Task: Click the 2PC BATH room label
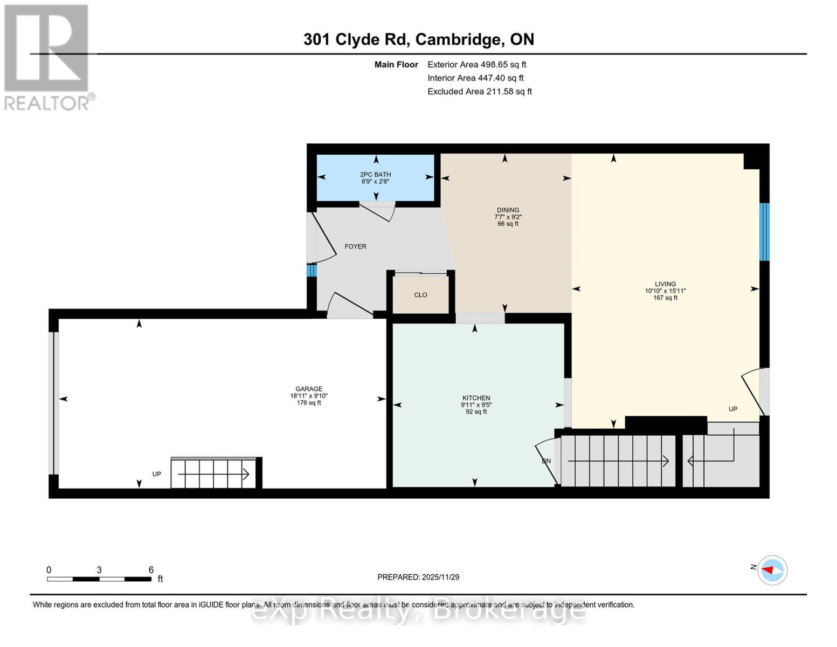(x=376, y=175)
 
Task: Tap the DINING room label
(x=508, y=210)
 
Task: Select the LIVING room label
(x=665, y=284)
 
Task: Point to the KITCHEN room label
(x=476, y=398)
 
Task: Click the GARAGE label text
(x=309, y=389)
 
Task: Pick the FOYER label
(x=355, y=246)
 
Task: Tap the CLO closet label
(x=420, y=295)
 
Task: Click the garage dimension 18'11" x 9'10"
(x=309, y=396)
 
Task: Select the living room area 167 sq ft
(x=665, y=298)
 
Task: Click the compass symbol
(x=772, y=570)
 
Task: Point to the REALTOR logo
(x=47, y=57)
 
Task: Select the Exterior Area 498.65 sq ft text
(x=476, y=65)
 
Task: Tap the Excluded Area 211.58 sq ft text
(x=479, y=92)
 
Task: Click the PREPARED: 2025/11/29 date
(x=418, y=577)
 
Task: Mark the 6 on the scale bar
(x=151, y=570)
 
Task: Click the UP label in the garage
(x=156, y=474)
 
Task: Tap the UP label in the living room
(x=733, y=409)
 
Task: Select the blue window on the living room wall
(x=764, y=232)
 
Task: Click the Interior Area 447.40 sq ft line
(x=475, y=78)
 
